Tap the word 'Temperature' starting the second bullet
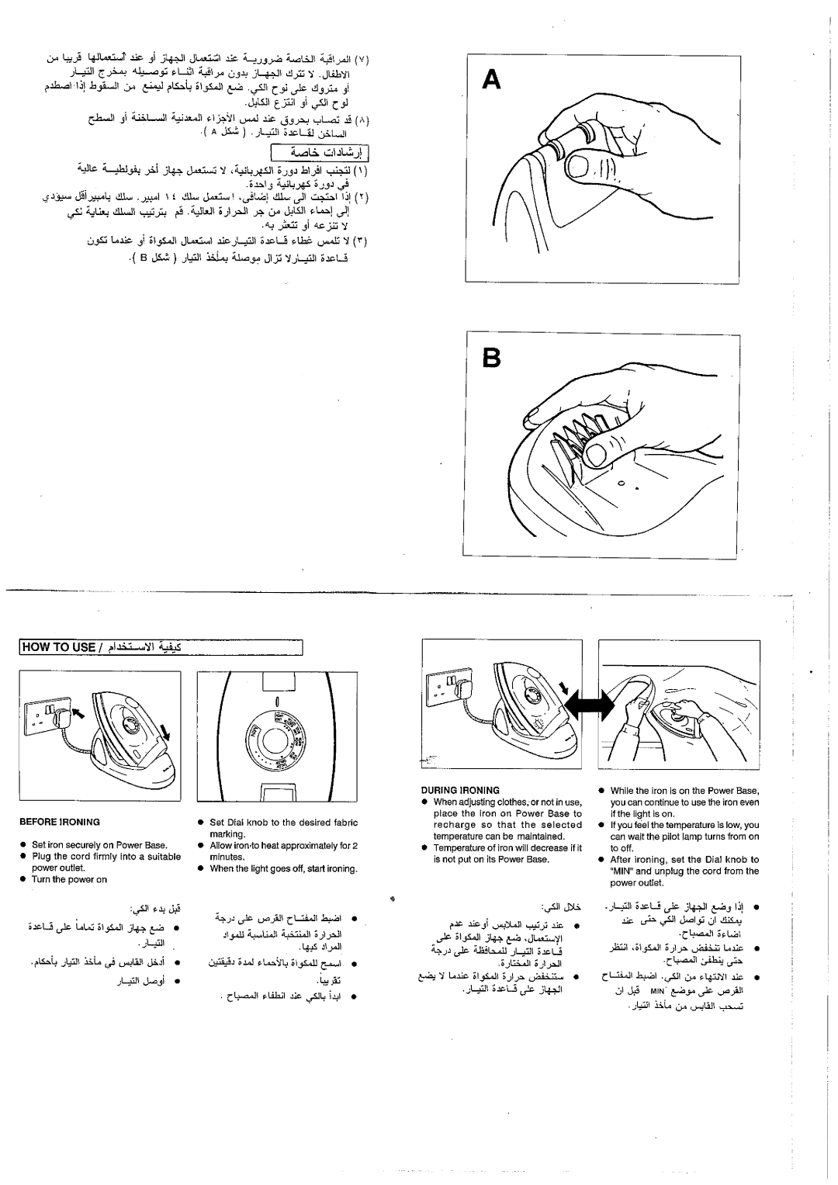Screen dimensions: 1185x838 (x=458, y=847)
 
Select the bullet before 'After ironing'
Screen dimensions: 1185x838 (x=601, y=859)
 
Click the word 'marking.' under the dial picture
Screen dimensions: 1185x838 (x=227, y=832)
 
